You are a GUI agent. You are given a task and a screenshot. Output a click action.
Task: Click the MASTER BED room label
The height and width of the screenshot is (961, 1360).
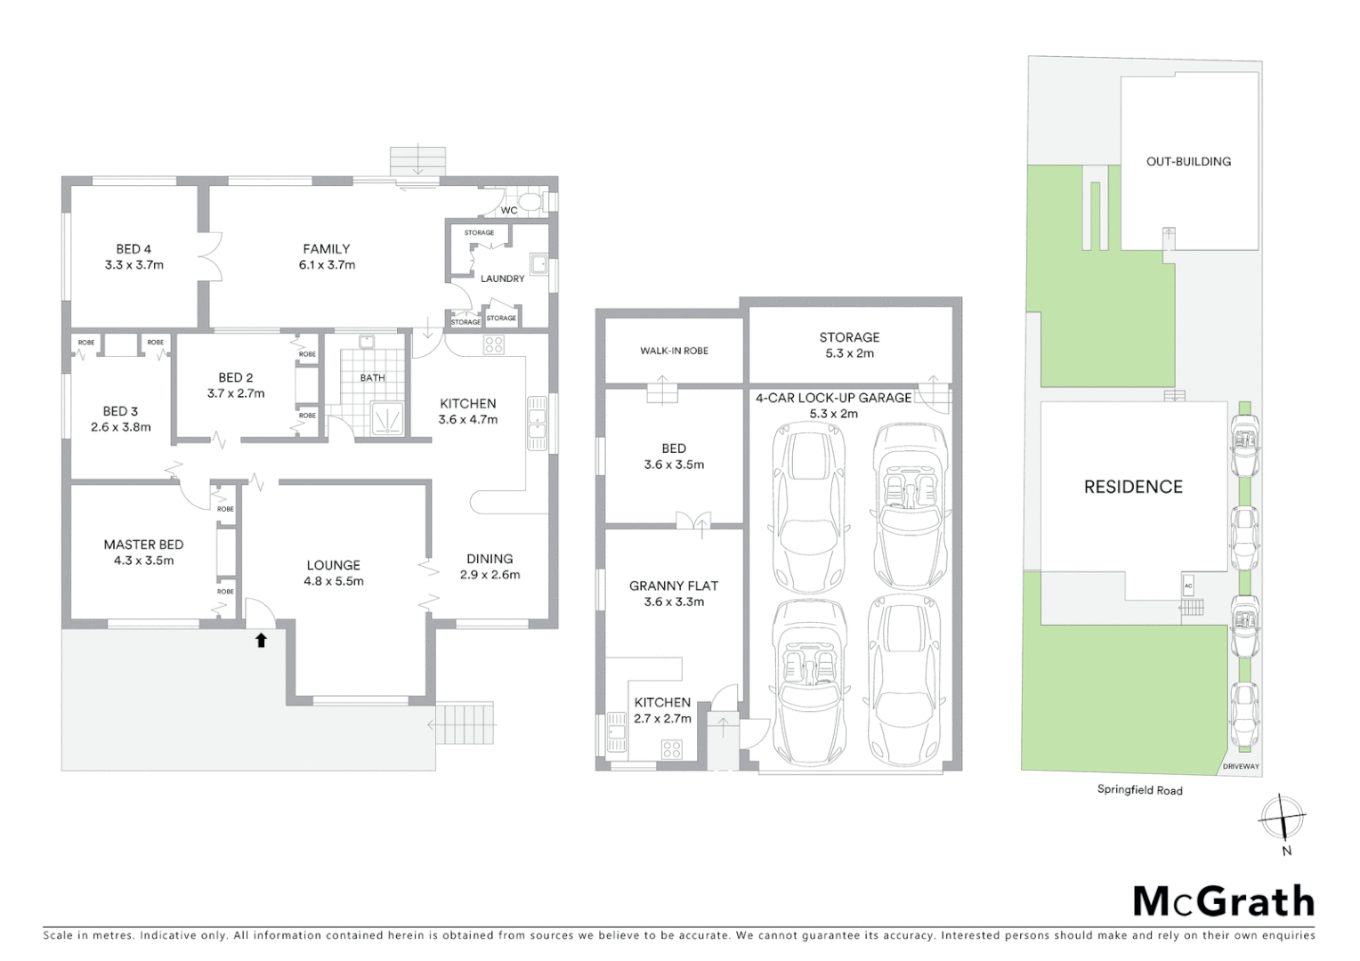[x=143, y=545]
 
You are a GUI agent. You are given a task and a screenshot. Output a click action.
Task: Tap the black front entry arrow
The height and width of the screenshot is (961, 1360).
[x=261, y=640]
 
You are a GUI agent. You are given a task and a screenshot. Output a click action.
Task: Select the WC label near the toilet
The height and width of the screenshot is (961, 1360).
[x=509, y=210]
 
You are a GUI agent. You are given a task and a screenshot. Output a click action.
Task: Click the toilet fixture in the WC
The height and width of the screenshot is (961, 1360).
[x=531, y=202]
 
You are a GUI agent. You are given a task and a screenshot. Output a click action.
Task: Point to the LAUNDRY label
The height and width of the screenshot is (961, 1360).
[x=502, y=279]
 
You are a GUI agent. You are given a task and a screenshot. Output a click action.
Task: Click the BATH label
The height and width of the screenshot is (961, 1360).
[x=372, y=377]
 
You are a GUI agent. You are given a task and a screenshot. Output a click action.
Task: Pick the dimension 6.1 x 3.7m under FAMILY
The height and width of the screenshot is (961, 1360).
[x=327, y=265]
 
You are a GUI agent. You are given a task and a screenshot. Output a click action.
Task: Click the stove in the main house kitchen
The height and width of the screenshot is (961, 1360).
[x=494, y=345]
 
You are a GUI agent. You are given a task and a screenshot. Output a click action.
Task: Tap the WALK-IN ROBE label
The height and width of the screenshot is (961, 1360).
[x=674, y=351]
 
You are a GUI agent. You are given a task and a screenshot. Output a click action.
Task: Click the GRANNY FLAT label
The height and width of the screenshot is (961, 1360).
[x=673, y=585]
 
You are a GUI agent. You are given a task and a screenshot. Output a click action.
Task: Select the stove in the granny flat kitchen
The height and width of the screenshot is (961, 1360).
[x=671, y=750]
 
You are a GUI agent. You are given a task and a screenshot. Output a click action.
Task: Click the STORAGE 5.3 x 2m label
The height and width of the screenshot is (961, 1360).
[x=849, y=344]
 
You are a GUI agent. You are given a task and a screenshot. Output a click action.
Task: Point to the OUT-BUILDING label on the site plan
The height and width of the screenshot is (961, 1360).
[x=1188, y=161]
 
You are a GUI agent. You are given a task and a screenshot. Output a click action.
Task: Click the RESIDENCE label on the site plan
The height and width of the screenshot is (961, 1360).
[x=1133, y=487]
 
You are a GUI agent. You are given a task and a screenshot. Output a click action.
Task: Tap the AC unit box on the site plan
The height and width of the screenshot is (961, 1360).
[x=1188, y=585]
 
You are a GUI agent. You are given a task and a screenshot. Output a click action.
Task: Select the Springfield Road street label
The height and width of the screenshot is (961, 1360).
[x=1139, y=789]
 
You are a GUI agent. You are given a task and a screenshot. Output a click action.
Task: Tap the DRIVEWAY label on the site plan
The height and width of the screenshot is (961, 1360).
[x=1240, y=766]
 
